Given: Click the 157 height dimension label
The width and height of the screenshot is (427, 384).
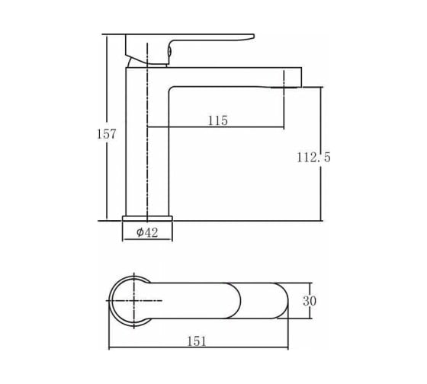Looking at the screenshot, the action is point(107,134).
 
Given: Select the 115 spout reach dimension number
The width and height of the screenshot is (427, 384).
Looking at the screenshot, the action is point(217,120).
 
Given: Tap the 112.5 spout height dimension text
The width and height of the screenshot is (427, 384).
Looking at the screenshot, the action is point(313,157).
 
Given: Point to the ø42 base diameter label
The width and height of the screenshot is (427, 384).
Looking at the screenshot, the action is point(147,232).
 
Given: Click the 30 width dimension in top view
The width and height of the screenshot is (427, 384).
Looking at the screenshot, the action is point(310,301).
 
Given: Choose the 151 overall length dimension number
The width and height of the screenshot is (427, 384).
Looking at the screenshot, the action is point(197,341).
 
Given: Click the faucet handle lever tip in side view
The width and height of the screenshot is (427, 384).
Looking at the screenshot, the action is point(252,37).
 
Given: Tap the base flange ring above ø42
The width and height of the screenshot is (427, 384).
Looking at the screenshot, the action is point(147,218).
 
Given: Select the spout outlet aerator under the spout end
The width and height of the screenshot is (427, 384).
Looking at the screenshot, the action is point(284,87).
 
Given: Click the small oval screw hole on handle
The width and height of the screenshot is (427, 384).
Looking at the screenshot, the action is point(169,51).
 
